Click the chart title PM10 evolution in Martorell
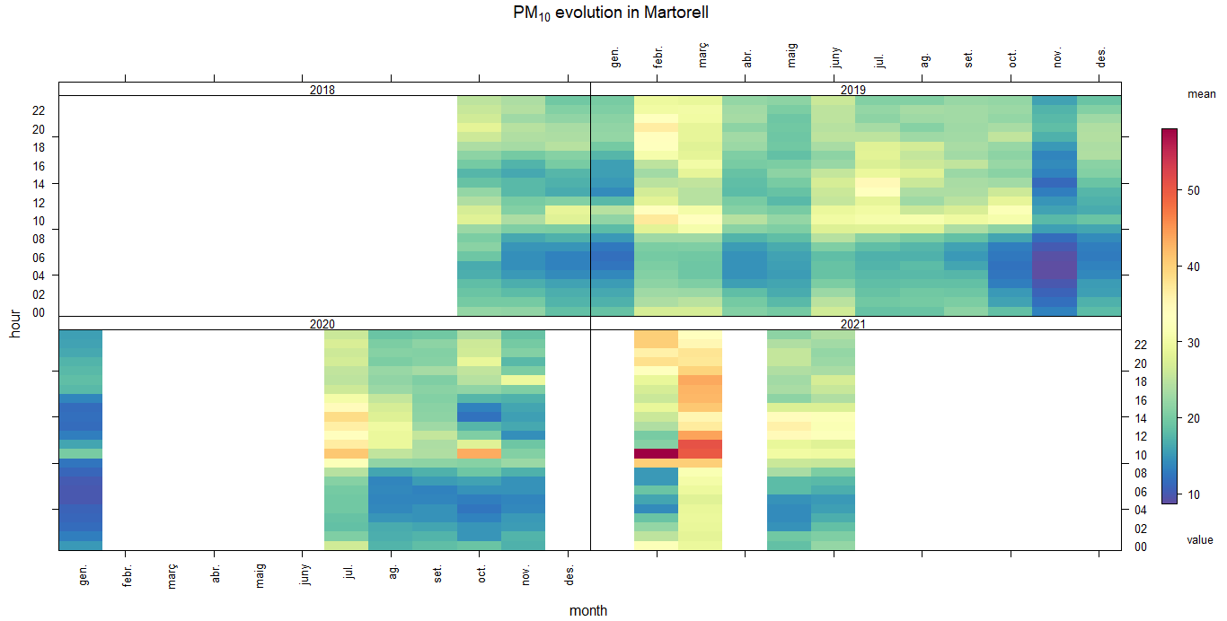613,13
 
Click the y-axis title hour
15,323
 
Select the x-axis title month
588,610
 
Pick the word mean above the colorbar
1202,94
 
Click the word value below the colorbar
1200,540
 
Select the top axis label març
703,54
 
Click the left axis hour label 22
39,110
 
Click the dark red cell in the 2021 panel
656,453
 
